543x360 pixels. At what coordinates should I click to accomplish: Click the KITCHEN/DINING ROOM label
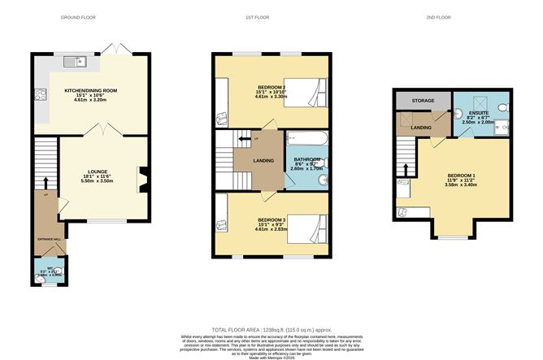pos(91,92)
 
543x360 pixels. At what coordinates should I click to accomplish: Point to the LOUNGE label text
pos(91,172)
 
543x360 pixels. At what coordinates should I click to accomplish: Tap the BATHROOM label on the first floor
pos(306,159)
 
